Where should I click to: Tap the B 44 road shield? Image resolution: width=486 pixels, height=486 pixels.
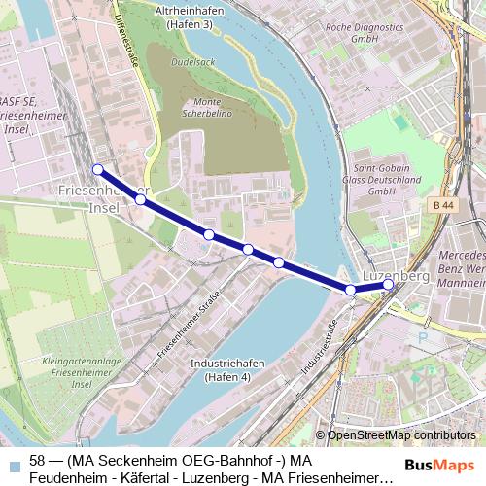click(444, 205)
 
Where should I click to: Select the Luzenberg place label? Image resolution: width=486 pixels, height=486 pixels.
click(396, 276)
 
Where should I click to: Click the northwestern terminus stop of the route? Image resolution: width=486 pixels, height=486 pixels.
click(97, 169)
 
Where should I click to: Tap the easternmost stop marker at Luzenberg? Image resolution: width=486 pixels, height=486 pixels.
click(388, 285)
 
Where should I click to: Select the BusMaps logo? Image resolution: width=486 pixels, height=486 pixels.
click(440, 465)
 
